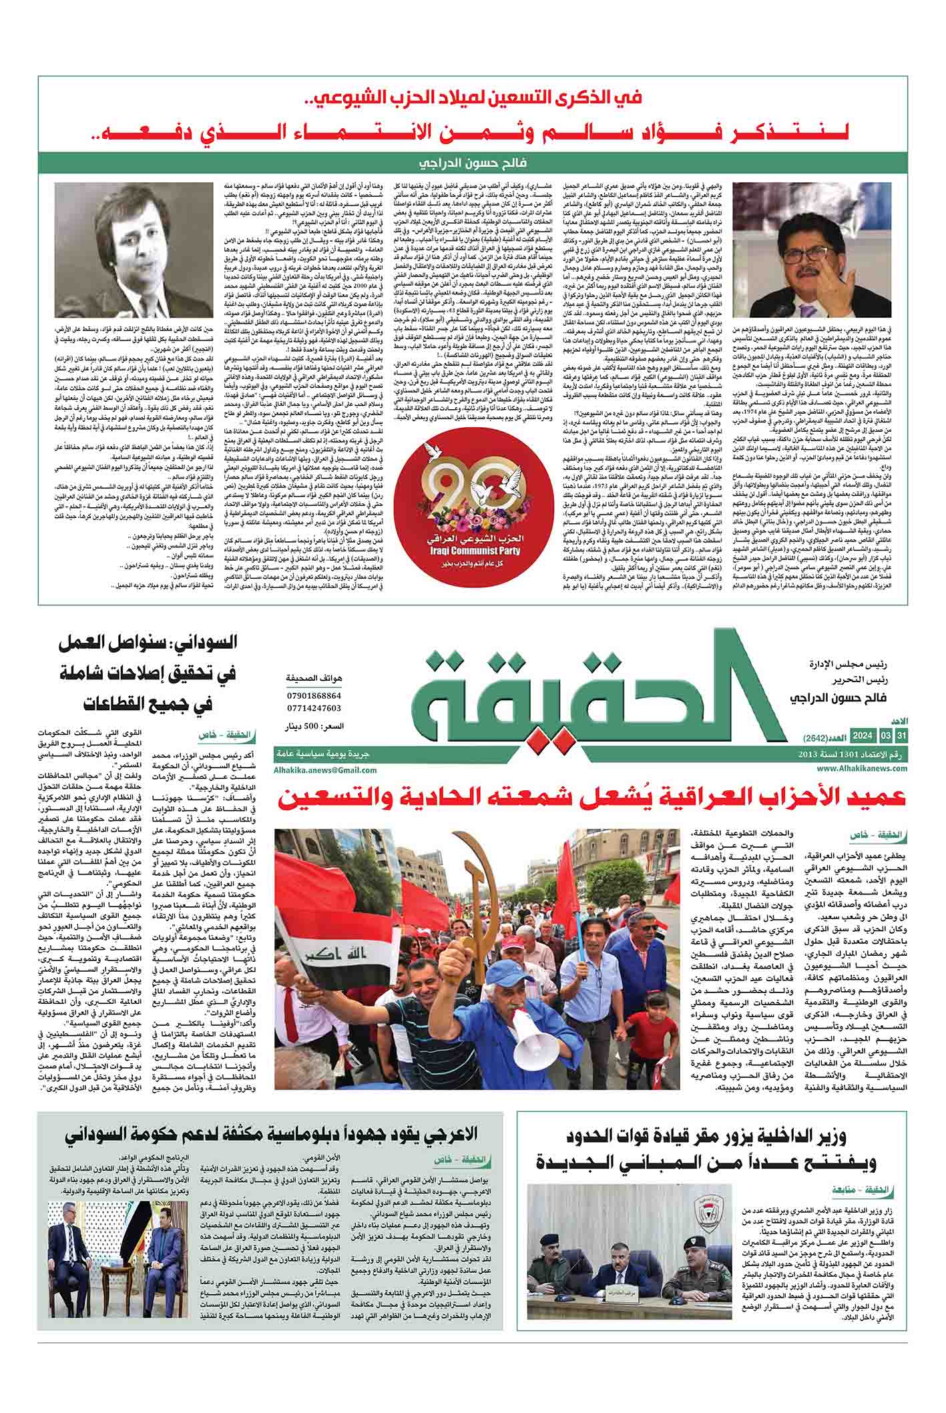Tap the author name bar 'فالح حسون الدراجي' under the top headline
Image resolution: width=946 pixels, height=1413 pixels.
click(473, 164)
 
